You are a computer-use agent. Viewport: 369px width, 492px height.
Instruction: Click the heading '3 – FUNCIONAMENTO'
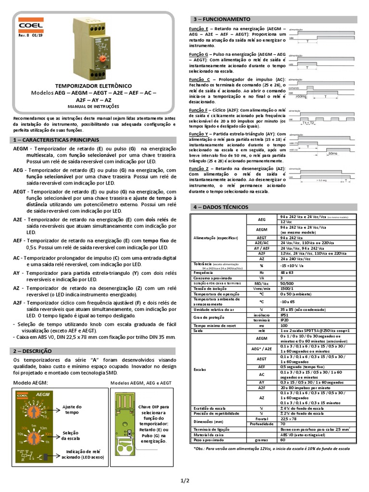[221, 19]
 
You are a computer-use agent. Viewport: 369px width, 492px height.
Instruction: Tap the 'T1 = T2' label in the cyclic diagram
[309, 123]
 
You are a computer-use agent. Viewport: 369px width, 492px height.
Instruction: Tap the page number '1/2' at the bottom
[185, 480]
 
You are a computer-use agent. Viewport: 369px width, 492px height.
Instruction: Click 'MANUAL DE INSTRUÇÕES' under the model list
[90, 106]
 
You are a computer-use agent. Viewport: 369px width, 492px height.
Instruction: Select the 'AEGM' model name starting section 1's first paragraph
[21, 149]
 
